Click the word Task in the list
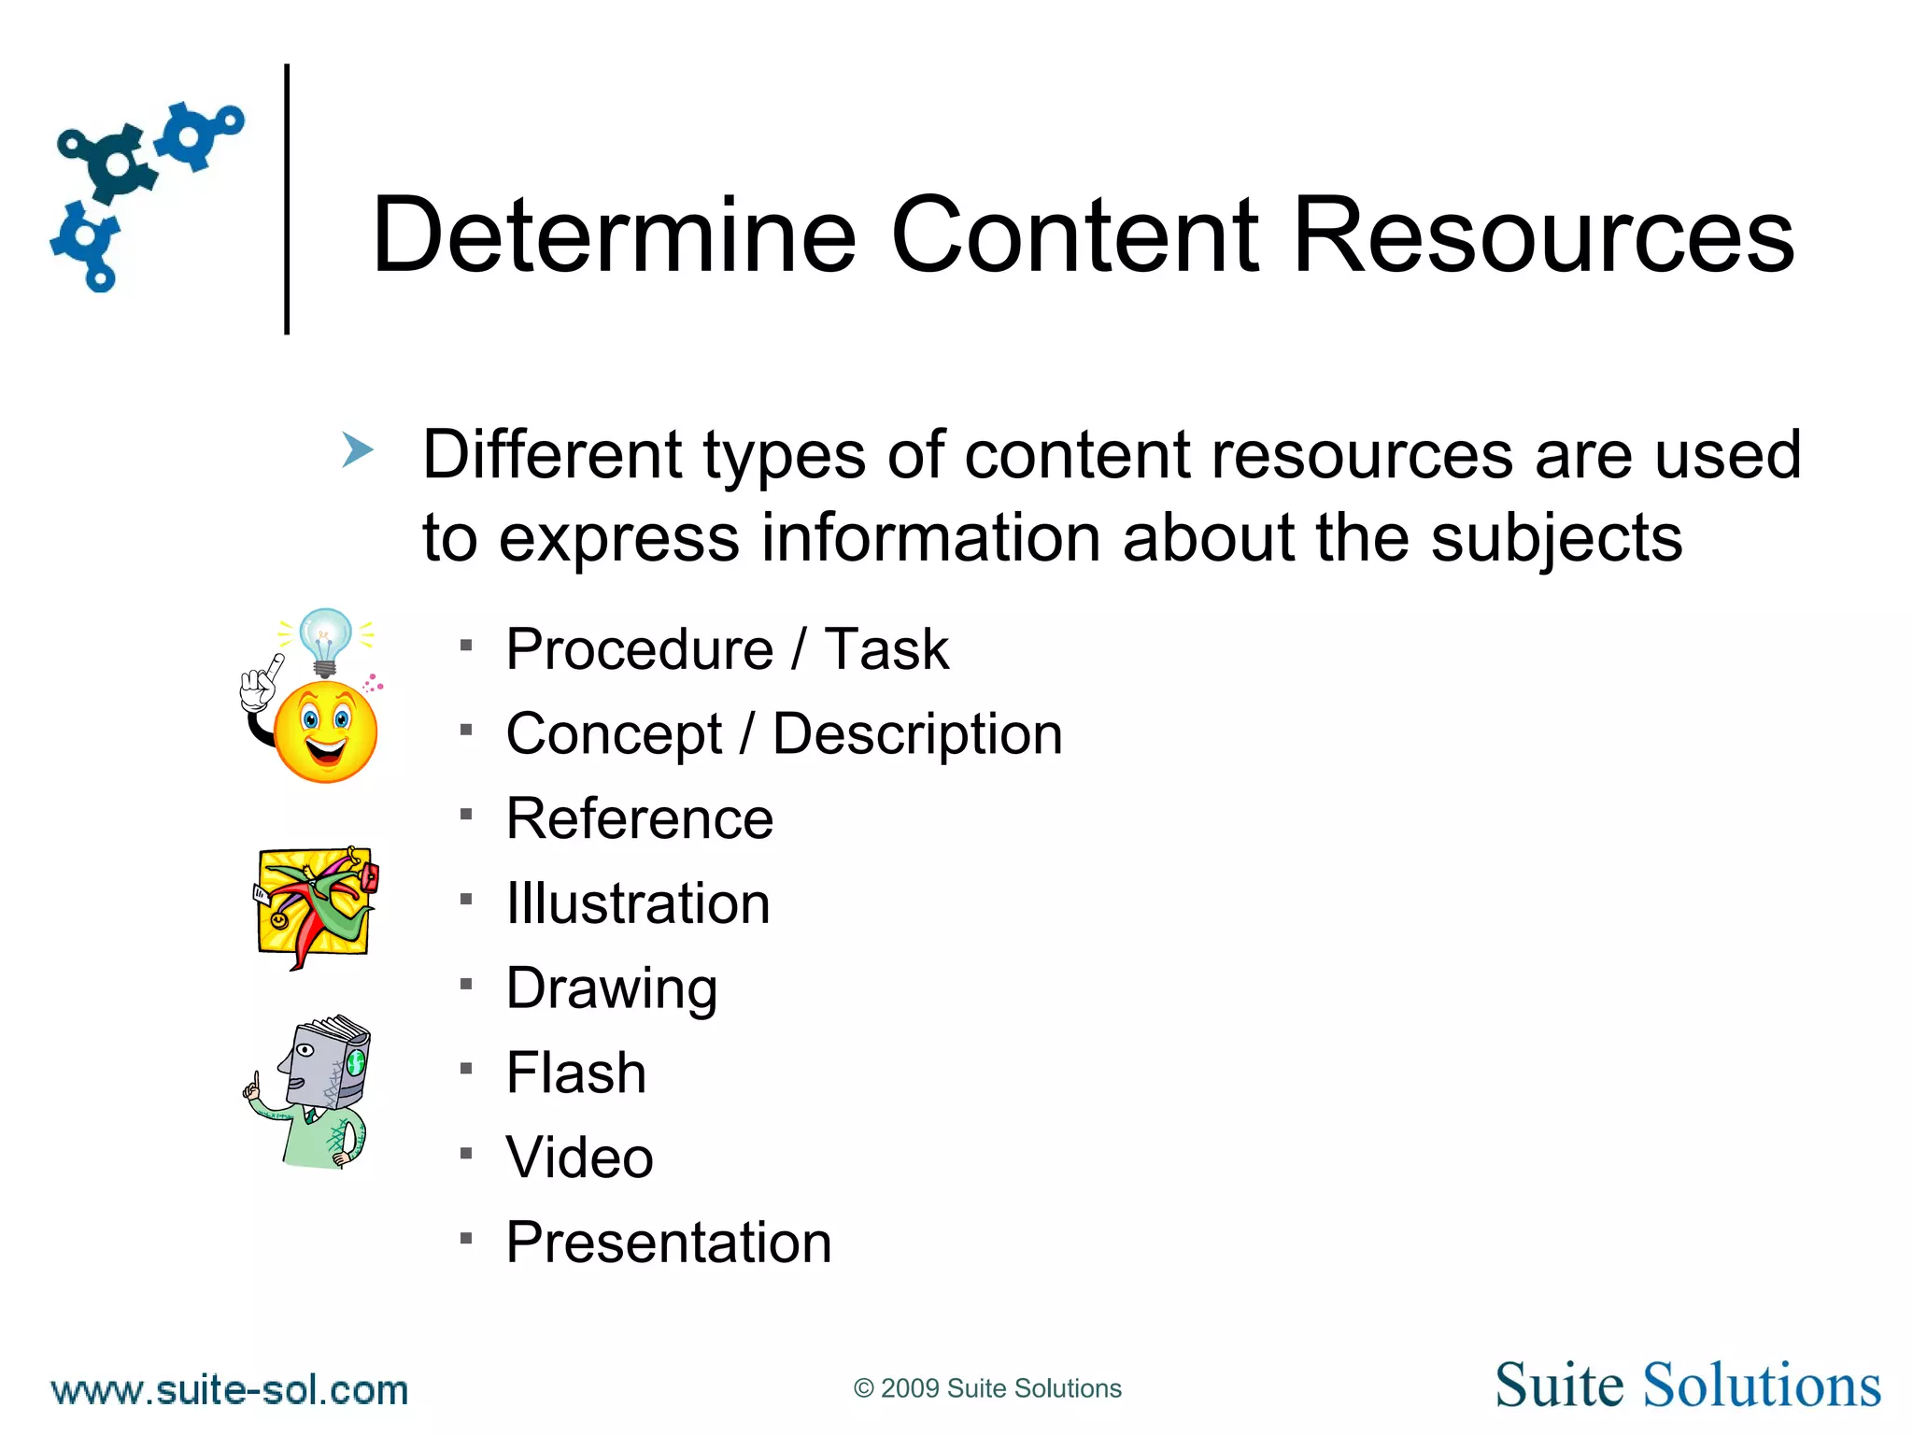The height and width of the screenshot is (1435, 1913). click(886, 649)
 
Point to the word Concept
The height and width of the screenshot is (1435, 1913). click(614, 734)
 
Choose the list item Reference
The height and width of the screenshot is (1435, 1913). click(640, 819)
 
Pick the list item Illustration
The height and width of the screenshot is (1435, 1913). click(638, 904)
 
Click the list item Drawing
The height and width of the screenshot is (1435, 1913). click(612, 988)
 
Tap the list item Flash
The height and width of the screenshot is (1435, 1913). click(576, 1073)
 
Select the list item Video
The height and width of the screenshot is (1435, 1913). click(579, 1158)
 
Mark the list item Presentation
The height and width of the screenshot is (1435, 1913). click(669, 1243)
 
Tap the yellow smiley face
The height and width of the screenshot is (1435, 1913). click(325, 731)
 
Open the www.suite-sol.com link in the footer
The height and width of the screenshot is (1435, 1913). click(230, 1390)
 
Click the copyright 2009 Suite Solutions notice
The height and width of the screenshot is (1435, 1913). click(987, 1388)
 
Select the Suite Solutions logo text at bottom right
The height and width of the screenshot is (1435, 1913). click(1687, 1385)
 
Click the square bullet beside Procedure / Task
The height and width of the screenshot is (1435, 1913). click(466, 645)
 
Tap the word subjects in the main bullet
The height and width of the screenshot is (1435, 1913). click(1556, 539)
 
